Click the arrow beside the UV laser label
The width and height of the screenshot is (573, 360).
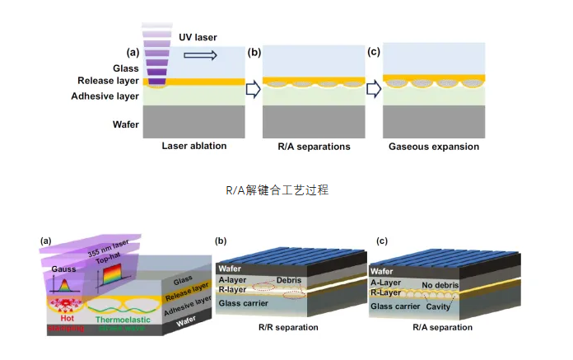point(200,55)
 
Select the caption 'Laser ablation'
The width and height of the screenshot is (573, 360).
point(194,147)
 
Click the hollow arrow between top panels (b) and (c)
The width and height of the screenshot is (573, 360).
point(374,87)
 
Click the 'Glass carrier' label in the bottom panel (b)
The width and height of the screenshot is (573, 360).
point(245,304)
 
